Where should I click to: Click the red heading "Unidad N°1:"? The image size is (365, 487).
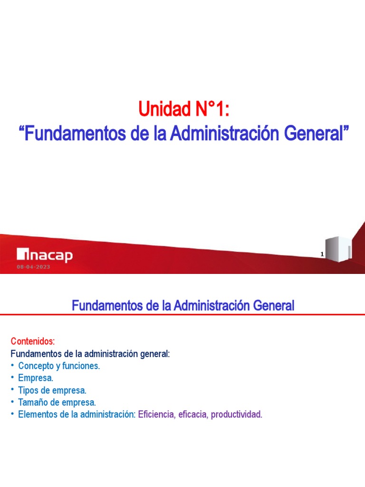coord(184,109)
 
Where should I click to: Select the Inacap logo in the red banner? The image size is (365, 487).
coord(45,255)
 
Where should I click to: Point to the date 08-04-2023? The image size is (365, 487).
coord(33,267)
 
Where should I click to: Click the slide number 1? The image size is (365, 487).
coord(322,254)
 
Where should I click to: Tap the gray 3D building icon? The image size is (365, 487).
coord(338,249)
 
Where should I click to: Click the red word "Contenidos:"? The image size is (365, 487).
coord(33,341)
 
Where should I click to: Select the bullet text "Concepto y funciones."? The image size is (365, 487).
coord(59,366)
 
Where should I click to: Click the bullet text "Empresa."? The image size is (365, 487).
coord(36,378)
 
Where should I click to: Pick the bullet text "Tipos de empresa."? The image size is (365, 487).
coord(52,390)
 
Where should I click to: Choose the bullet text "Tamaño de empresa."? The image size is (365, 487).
coord(57,402)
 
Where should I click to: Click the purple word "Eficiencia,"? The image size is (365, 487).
coord(157,414)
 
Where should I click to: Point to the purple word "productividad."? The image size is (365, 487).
coord(237,414)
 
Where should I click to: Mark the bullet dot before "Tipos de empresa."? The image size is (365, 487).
coord(12,390)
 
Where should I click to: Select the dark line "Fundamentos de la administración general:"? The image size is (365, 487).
coord(90,354)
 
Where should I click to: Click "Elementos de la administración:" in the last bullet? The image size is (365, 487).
coord(77,414)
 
